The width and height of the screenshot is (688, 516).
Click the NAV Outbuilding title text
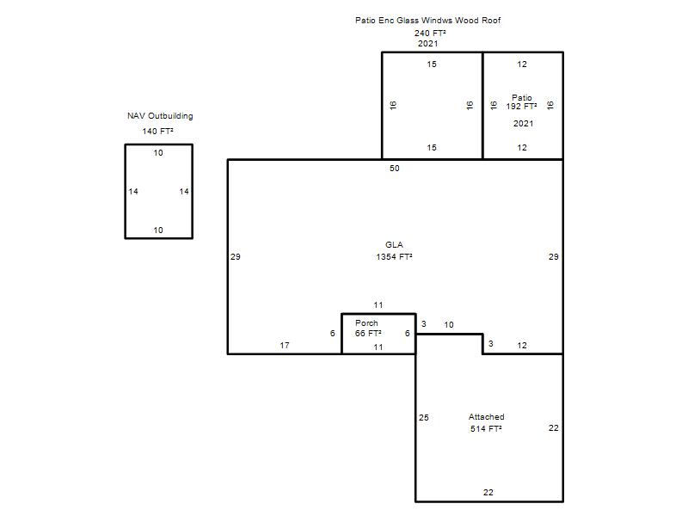tap(160, 116)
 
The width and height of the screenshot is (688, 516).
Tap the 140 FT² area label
tap(157, 132)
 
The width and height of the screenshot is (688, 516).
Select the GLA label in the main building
tap(394, 245)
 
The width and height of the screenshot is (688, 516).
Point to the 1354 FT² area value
tap(394, 256)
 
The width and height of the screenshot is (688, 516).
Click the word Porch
tap(366, 323)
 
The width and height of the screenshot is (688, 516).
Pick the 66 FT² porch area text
tap(368, 334)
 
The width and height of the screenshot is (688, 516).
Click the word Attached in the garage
tap(486, 417)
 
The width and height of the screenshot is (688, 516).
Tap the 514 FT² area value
tap(486, 428)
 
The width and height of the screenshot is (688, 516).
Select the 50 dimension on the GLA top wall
tap(395, 169)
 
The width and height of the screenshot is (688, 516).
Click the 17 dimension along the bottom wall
tap(285, 346)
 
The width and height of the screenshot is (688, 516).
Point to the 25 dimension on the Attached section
tap(423, 418)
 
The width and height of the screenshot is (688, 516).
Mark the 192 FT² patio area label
tap(521, 107)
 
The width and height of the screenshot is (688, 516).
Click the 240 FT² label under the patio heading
tap(430, 34)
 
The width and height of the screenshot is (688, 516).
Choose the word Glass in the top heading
tap(408, 20)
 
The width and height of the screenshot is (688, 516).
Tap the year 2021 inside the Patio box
tap(523, 124)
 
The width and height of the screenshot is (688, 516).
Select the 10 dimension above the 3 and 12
tap(448, 325)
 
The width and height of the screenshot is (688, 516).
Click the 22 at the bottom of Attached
tap(488, 493)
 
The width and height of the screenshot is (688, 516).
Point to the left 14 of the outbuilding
tap(133, 192)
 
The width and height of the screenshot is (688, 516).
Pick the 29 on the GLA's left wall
tap(235, 257)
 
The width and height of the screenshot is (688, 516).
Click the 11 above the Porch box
tap(378, 305)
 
